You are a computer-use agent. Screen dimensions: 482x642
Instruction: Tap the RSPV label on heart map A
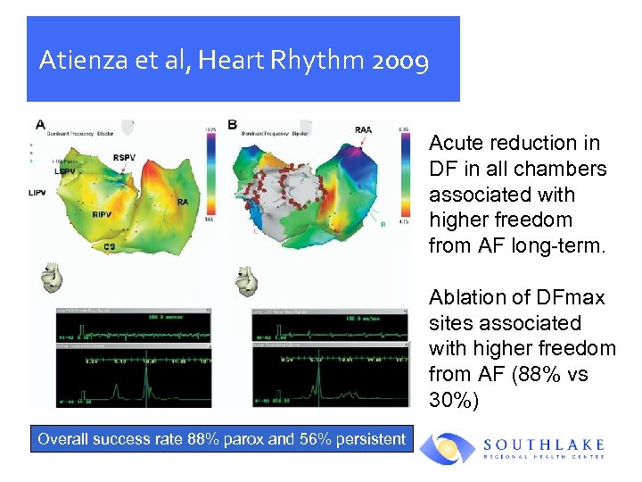pyautogui.click(x=124, y=158)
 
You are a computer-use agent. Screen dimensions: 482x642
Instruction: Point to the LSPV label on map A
pyautogui.click(x=65, y=170)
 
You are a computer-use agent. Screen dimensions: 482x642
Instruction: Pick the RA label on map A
pyautogui.click(x=183, y=203)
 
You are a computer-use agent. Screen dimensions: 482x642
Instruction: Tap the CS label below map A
pyautogui.click(x=109, y=245)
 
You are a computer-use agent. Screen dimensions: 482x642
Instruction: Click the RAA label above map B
pyautogui.click(x=363, y=130)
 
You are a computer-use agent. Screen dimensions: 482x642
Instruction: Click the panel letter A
pyautogui.click(x=40, y=124)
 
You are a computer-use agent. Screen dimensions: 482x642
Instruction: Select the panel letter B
pyautogui.click(x=233, y=124)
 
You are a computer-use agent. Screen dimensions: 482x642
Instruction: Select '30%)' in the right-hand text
pyautogui.click(x=454, y=401)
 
